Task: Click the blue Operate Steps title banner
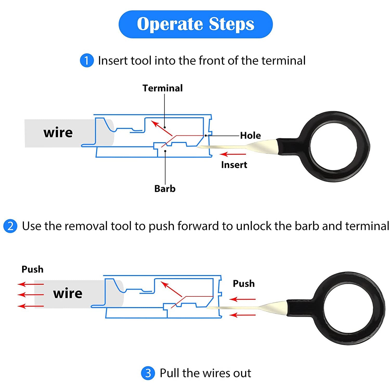[x=196, y=24]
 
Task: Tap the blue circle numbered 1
[x=87, y=61]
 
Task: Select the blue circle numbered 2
[x=10, y=226]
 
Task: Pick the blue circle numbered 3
[x=148, y=373]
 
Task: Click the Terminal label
[x=162, y=88]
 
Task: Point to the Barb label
[x=165, y=188]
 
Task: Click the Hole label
[x=250, y=135]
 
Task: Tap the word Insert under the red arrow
[x=234, y=165]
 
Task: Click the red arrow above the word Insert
[x=233, y=154]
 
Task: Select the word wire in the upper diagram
[x=58, y=133]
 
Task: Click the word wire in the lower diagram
[x=68, y=293]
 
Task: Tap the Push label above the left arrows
[x=32, y=269]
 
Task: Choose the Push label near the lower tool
[x=244, y=283]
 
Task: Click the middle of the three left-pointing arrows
[x=31, y=295]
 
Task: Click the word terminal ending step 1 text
[x=283, y=61]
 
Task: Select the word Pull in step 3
[x=170, y=373]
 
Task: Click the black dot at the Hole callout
[x=206, y=135]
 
